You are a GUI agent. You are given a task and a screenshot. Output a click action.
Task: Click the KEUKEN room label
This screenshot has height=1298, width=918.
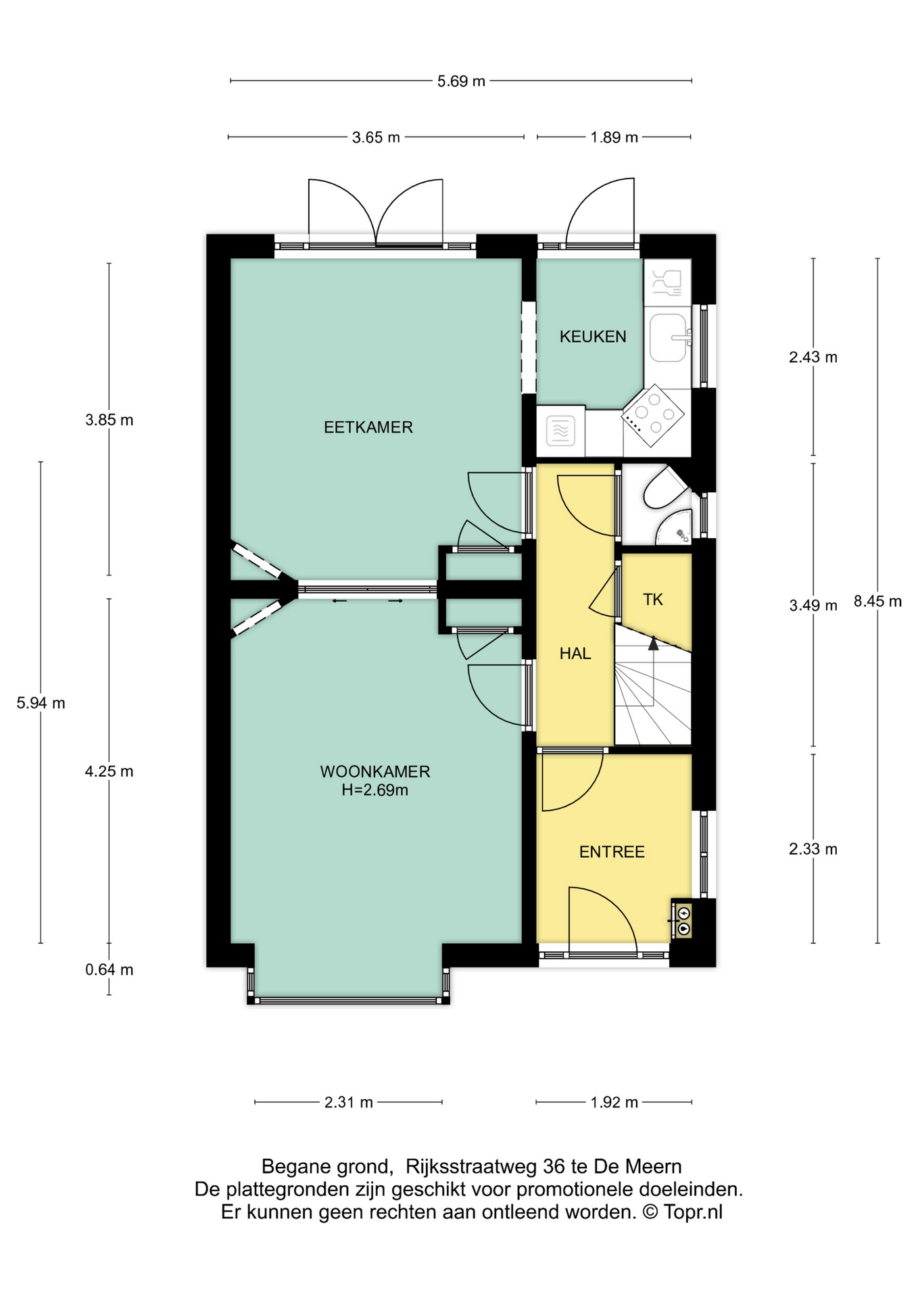point(592,337)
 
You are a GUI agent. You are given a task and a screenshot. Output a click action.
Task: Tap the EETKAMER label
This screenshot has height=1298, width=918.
point(368,427)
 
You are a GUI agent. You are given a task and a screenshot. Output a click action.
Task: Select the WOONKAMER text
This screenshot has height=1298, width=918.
point(375,771)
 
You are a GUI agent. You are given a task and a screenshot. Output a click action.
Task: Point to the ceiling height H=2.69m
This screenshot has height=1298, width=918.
point(375,790)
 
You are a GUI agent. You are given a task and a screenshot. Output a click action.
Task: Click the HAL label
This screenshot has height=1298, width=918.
point(575,654)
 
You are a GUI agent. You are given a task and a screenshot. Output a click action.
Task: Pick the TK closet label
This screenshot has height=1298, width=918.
point(652,600)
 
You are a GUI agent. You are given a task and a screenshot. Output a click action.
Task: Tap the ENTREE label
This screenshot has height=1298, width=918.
point(612,852)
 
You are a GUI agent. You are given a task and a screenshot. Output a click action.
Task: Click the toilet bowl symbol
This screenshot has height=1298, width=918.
point(662,488)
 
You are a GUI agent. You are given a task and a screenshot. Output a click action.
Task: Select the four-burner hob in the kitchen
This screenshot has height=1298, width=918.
point(652,416)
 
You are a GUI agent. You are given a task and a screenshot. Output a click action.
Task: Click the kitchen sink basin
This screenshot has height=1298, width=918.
point(668,337)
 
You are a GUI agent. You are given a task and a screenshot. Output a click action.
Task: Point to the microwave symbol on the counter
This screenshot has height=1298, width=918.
point(560,431)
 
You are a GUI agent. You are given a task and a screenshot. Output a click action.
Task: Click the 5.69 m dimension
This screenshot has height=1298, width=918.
point(461,82)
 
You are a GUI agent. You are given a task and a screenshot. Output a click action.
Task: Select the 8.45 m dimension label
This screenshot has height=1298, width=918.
point(877,602)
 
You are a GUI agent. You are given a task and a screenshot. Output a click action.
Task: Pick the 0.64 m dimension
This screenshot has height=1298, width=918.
point(109,970)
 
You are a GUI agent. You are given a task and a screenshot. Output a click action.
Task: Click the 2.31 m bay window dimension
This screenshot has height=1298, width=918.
point(348,1103)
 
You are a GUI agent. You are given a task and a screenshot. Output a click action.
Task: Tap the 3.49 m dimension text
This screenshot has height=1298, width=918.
point(813,606)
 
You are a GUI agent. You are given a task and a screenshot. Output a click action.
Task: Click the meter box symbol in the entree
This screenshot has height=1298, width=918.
point(683,920)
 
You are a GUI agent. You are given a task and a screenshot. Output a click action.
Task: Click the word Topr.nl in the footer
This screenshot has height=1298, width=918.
point(693,1212)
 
